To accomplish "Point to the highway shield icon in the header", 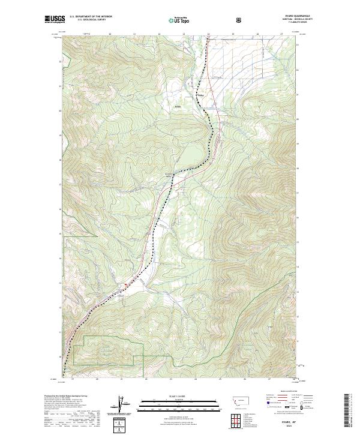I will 239,20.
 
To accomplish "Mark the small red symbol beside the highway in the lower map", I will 125,284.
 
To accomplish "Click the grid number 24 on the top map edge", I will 208,34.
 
